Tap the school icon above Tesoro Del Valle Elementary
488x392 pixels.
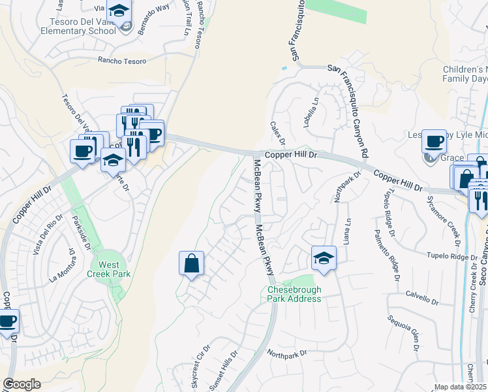(119, 11)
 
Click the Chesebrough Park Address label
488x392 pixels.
(294, 294)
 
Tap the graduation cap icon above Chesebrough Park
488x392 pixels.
(323, 258)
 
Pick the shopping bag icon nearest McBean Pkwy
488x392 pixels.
(191, 264)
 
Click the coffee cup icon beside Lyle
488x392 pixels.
(434, 141)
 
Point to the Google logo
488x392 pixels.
(22, 384)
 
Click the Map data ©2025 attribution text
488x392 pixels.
(461, 387)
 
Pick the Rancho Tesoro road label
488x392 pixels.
(122, 60)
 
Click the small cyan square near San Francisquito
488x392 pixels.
(284, 68)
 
